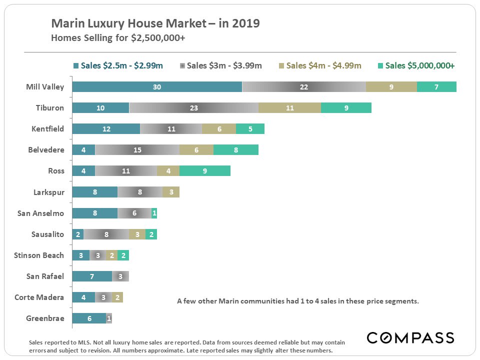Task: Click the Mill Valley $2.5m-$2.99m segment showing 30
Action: [x=156, y=87]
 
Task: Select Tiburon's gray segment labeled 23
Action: [x=194, y=108]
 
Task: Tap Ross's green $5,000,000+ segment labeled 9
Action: [x=205, y=171]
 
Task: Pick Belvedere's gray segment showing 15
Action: [x=137, y=150]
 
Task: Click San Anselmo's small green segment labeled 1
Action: [x=154, y=213]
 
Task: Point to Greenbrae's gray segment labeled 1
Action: [x=109, y=318]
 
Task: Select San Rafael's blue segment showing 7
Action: [x=92, y=276]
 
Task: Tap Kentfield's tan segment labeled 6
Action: [x=219, y=129]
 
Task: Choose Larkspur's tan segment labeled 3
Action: [x=171, y=192]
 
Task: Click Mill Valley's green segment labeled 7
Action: [x=436, y=87]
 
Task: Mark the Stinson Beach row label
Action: [x=39, y=255]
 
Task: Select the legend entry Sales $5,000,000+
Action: [x=419, y=65]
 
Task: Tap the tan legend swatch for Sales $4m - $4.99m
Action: [x=282, y=66]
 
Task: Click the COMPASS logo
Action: [x=410, y=337]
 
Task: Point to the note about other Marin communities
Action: [x=297, y=301]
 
